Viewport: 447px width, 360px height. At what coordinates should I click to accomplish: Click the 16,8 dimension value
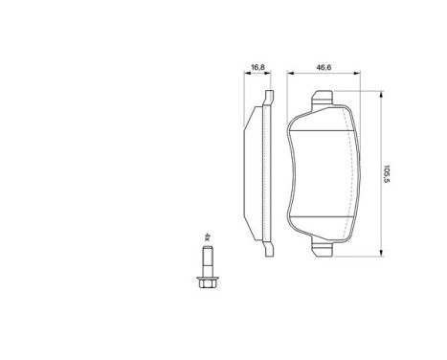(x=257, y=67)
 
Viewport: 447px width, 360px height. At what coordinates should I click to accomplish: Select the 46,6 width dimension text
(x=323, y=67)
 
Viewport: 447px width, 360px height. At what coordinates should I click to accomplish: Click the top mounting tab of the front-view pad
(x=322, y=97)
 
